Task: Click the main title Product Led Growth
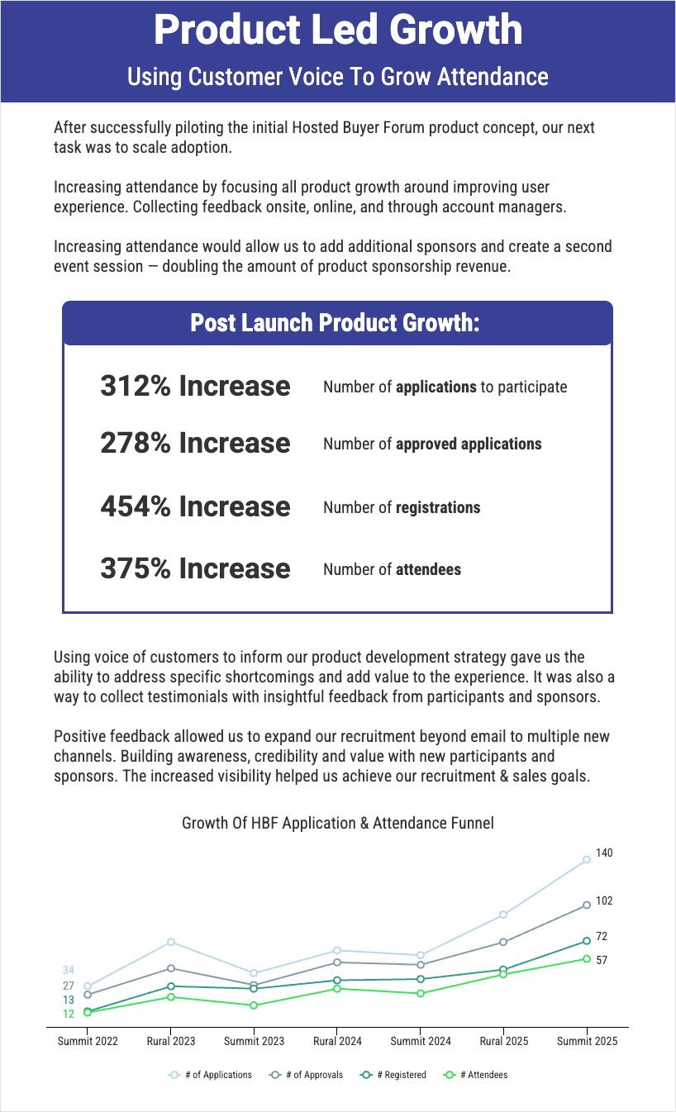(x=338, y=31)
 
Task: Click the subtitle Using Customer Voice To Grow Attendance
(x=338, y=77)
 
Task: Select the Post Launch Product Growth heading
(x=335, y=323)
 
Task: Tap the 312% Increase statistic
(x=195, y=386)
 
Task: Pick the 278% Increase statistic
(x=195, y=444)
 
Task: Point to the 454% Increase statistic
(x=195, y=506)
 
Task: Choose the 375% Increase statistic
(x=195, y=569)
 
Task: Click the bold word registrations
(x=438, y=507)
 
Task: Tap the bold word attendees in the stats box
(x=428, y=570)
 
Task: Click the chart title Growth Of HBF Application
(x=338, y=823)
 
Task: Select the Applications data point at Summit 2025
(x=587, y=860)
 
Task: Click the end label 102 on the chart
(x=604, y=901)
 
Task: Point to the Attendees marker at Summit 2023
(x=254, y=1005)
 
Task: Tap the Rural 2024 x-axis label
(x=337, y=1041)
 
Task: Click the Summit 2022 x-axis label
(x=88, y=1041)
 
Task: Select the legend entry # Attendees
(x=483, y=1075)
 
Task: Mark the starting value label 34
(x=69, y=970)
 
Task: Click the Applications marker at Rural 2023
(x=171, y=942)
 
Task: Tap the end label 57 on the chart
(x=602, y=961)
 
